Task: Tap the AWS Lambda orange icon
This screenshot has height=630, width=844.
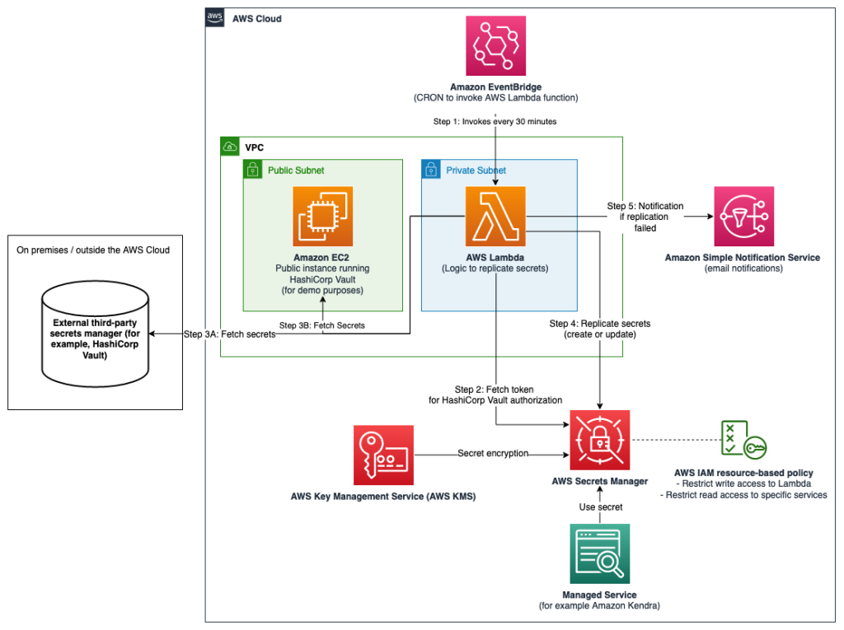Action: click(x=495, y=216)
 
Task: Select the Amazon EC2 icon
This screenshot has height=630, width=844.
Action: click(x=322, y=216)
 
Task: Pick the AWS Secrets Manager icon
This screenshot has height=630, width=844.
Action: click(x=599, y=440)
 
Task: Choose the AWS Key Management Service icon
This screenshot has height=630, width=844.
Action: click(x=382, y=455)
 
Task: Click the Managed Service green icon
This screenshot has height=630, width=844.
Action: click(x=599, y=553)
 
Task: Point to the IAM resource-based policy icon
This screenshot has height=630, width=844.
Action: click(x=743, y=440)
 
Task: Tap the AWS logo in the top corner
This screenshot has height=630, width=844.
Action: click(x=215, y=18)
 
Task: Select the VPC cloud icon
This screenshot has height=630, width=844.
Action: click(x=229, y=147)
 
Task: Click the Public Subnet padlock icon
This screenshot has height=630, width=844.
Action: click(x=252, y=170)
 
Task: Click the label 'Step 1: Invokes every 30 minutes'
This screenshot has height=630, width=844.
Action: click(x=495, y=121)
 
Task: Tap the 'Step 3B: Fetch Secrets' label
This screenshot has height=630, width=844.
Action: click(x=321, y=325)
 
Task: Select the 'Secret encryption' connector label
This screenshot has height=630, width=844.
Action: click(x=493, y=453)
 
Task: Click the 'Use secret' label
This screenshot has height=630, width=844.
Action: click(x=599, y=506)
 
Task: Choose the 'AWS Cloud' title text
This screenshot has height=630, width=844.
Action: click(x=256, y=18)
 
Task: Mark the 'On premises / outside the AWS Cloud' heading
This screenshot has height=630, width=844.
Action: click(x=93, y=250)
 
